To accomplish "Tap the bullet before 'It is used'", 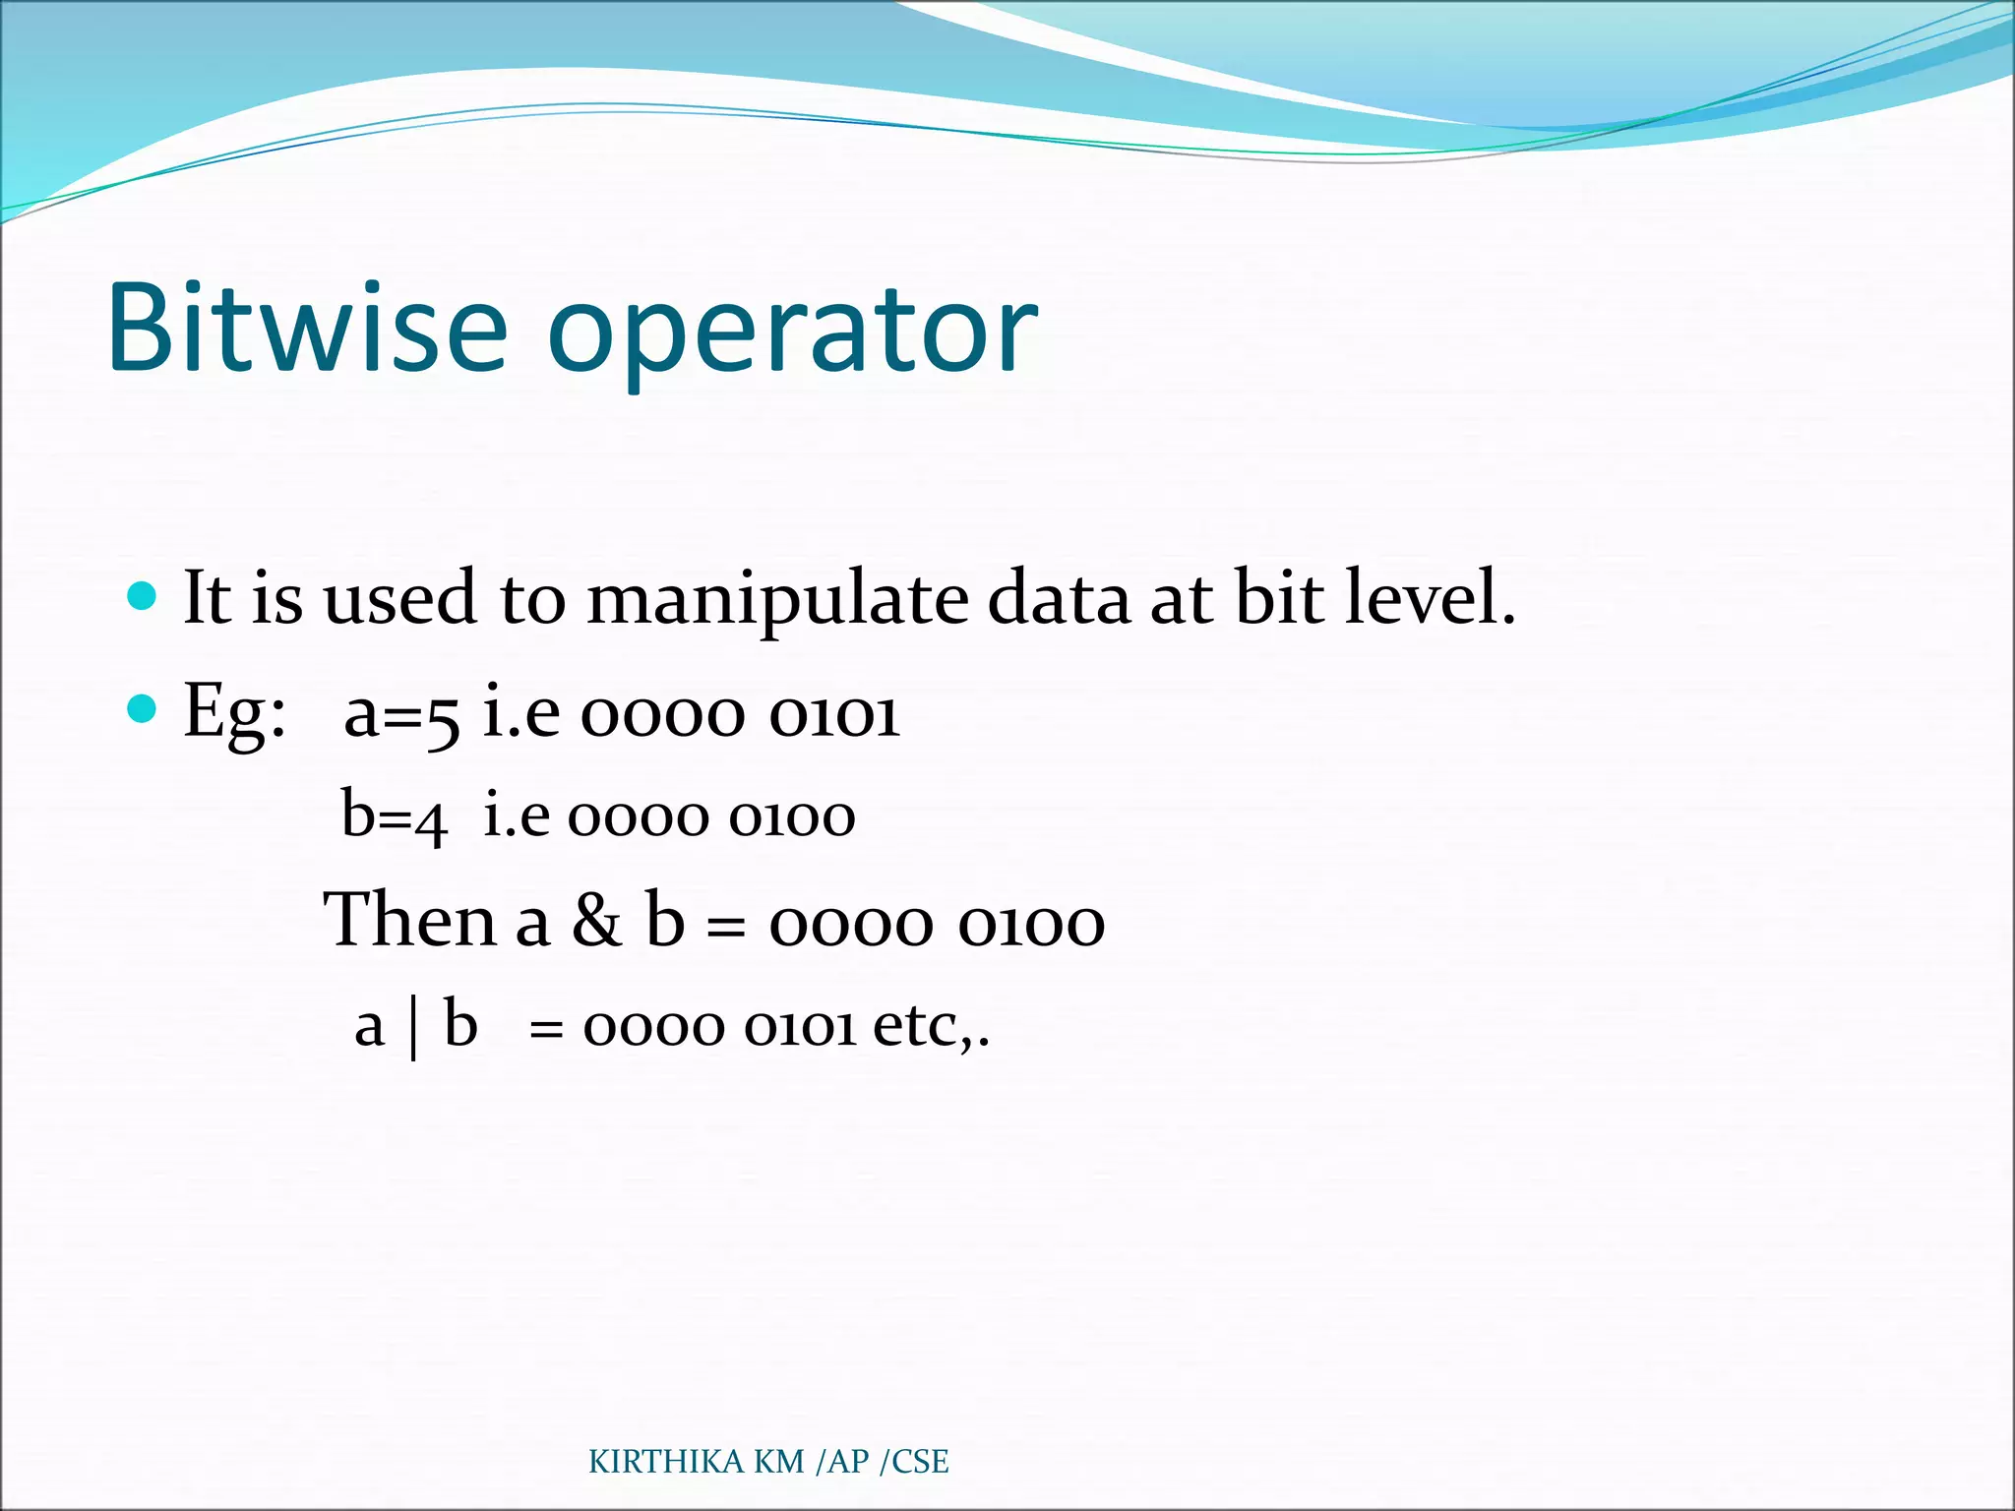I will [x=143, y=596].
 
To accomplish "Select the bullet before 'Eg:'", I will [x=143, y=708].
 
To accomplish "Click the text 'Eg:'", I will [x=234, y=712].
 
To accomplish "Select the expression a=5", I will [x=401, y=714].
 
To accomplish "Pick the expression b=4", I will [x=394, y=816].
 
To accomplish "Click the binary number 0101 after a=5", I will [x=834, y=714].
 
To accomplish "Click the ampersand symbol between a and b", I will [x=597, y=921].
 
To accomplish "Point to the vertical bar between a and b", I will [x=413, y=1028].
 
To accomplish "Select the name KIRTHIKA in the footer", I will [x=667, y=1462].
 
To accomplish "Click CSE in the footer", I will [x=920, y=1462].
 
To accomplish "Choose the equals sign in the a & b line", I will [x=726, y=927].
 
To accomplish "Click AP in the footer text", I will [x=848, y=1462].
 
